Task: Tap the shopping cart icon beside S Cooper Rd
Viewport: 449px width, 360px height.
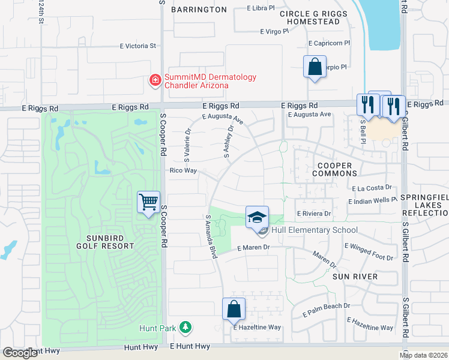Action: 148,202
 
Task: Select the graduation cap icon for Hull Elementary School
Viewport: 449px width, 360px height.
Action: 257,217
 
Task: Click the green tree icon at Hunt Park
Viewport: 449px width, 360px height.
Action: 186,328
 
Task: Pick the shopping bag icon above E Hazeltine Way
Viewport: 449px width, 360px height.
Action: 234,309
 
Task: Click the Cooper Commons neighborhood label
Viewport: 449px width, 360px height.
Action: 334,169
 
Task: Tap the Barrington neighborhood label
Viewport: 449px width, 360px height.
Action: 199,10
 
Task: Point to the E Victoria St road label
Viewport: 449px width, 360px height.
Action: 137,46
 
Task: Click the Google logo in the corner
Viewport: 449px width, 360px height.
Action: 20,353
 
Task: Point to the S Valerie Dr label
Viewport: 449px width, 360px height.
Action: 187,146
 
